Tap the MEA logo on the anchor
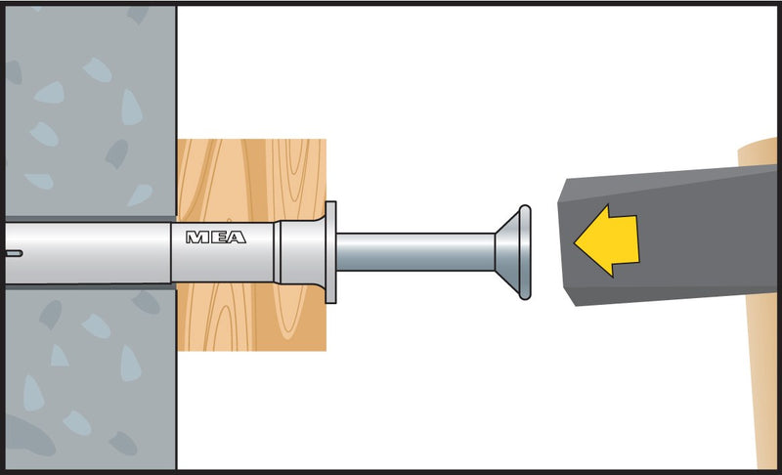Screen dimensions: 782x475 coord(216,237)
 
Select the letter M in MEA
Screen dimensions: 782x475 coord(197,237)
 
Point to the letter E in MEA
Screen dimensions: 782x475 coord(219,237)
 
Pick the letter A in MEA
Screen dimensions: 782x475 coord(237,237)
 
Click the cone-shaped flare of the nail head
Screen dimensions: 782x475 coord(507,252)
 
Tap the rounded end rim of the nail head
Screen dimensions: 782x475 coord(525,252)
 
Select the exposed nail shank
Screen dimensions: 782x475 coord(415,252)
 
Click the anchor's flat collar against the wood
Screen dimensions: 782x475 coord(330,252)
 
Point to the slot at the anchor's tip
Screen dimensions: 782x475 coord(13,253)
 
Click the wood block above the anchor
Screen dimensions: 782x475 coord(251,179)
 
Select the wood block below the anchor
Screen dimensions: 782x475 coord(251,318)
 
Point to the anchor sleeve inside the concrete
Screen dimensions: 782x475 coord(88,253)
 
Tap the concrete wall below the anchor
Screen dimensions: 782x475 coord(90,379)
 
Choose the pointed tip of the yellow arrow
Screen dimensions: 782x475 coord(575,241)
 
